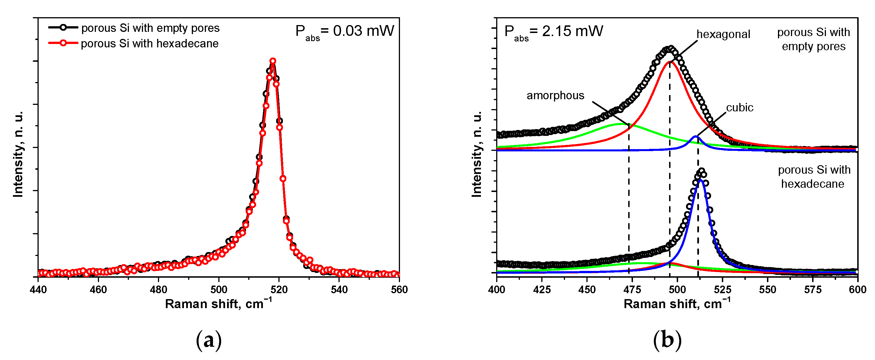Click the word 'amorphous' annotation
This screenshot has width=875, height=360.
pos(555,96)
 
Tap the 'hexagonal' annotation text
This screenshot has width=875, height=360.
pos(723,34)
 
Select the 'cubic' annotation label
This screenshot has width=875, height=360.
pos(740,108)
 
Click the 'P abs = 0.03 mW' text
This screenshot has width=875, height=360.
pos(344,32)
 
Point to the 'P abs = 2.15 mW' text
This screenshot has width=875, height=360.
pos(554,32)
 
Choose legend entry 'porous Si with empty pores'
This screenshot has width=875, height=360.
pos(150,28)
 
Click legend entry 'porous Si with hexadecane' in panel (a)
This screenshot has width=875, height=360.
pos(150,43)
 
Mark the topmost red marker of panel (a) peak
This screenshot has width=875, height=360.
pos(273,61)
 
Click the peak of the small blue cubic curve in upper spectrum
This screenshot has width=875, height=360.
pos(696,136)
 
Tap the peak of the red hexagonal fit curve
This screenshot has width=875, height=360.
pos(669,62)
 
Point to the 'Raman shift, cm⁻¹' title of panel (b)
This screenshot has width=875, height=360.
pos(677,303)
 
